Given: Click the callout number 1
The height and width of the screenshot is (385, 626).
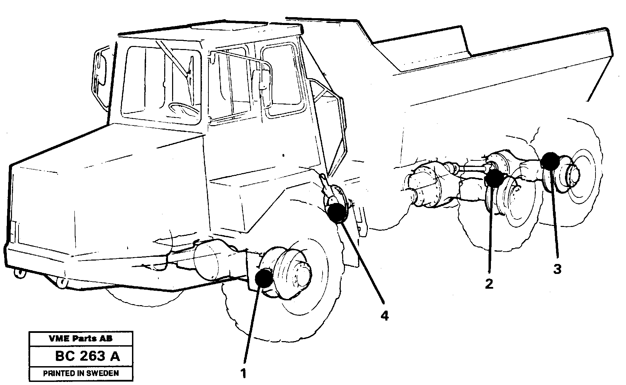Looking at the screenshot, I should [243, 373].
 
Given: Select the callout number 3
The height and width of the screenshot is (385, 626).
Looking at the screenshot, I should [557, 269].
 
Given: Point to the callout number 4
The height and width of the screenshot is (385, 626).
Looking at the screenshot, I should [385, 315].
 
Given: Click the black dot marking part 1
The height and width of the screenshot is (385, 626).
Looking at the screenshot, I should [264, 278].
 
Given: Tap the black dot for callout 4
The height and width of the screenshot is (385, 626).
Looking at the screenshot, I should [337, 213].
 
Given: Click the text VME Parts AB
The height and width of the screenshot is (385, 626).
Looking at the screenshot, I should [81, 338].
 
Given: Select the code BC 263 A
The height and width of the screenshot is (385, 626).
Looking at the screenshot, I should [87, 356].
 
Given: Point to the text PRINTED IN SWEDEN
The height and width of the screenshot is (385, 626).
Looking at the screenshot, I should [81, 373].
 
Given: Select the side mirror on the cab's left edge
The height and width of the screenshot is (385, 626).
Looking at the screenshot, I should [100, 69].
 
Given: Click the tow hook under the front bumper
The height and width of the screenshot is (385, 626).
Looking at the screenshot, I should [21, 273].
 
